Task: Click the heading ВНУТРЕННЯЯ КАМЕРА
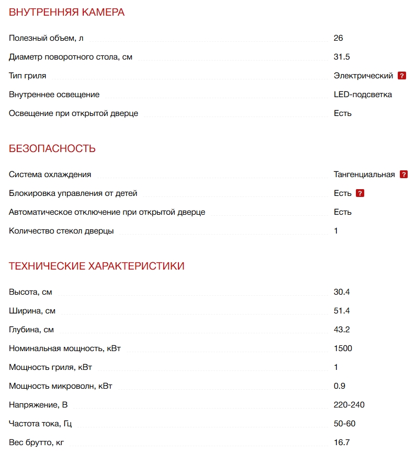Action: (66, 13)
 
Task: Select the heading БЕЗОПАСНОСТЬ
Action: (52, 148)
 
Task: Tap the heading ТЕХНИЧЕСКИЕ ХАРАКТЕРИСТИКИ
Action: (96, 266)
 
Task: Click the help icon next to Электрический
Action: (402, 76)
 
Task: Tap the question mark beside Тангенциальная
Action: (403, 175)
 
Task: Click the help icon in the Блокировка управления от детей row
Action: (360, 193)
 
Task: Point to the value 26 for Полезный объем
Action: (338, 38)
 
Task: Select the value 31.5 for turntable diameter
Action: (342, 57)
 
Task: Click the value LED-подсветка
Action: (363, 95)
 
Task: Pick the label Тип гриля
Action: (28, 76)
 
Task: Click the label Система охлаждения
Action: (50, 175)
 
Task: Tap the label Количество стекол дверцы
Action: (61, 231)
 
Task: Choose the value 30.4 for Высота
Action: (342, 292)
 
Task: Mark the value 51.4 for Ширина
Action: (342, 311)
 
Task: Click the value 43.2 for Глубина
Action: (342, 330)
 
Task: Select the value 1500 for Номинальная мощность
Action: (343, 348)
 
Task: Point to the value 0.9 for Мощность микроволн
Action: (340, 386)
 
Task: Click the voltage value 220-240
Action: (349, 405)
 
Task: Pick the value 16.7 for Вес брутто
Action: (342, 443)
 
